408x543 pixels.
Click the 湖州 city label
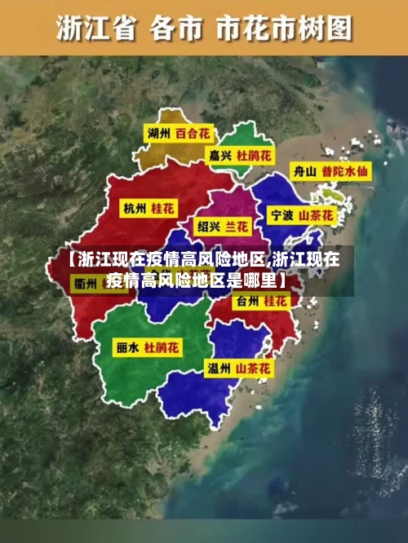point(158,133)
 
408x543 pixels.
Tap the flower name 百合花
point(193,133)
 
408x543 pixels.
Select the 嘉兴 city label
point(220,153)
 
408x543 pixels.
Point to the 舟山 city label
point(304,172)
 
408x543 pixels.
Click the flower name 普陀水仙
point(344,172)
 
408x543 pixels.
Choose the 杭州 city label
point(135,208)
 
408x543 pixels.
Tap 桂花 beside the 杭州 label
point(163,208)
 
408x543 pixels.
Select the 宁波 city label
point(282,216)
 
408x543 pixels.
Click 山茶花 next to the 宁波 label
point(317,216)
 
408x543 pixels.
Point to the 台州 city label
point(246,302)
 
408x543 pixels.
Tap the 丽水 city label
point(127,347)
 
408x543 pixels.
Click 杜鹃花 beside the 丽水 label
point(162,347)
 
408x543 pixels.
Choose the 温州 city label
point(220,369)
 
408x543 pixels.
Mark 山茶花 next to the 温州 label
point(255,369)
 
